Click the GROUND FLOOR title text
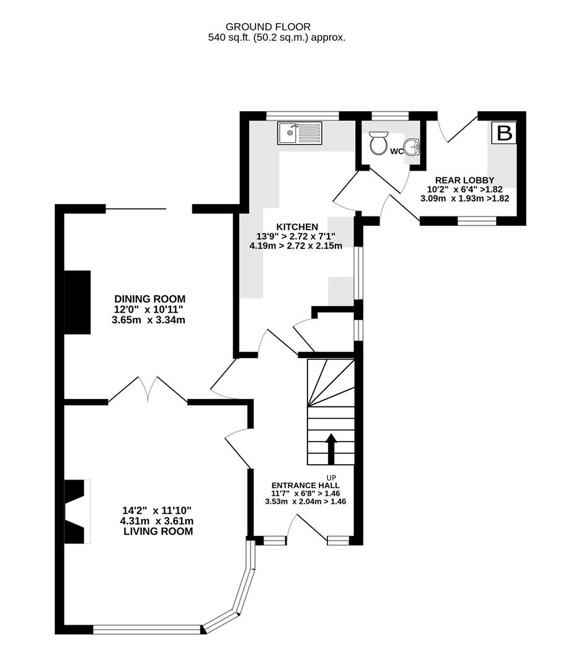click(268, 27)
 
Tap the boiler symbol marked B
click(505, 133)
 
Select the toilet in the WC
click(378, 143)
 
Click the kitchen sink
click(300, 133)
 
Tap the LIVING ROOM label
click(158, 532)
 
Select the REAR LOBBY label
click(464, 180)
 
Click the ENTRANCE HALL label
click(305, 485)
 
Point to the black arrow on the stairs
click(331, 449)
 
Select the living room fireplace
click(78, 512)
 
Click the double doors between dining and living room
click(148, 390)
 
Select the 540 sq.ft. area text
click(276, 37)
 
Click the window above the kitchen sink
click(303, 115)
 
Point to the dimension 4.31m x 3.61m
click(158, 522)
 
